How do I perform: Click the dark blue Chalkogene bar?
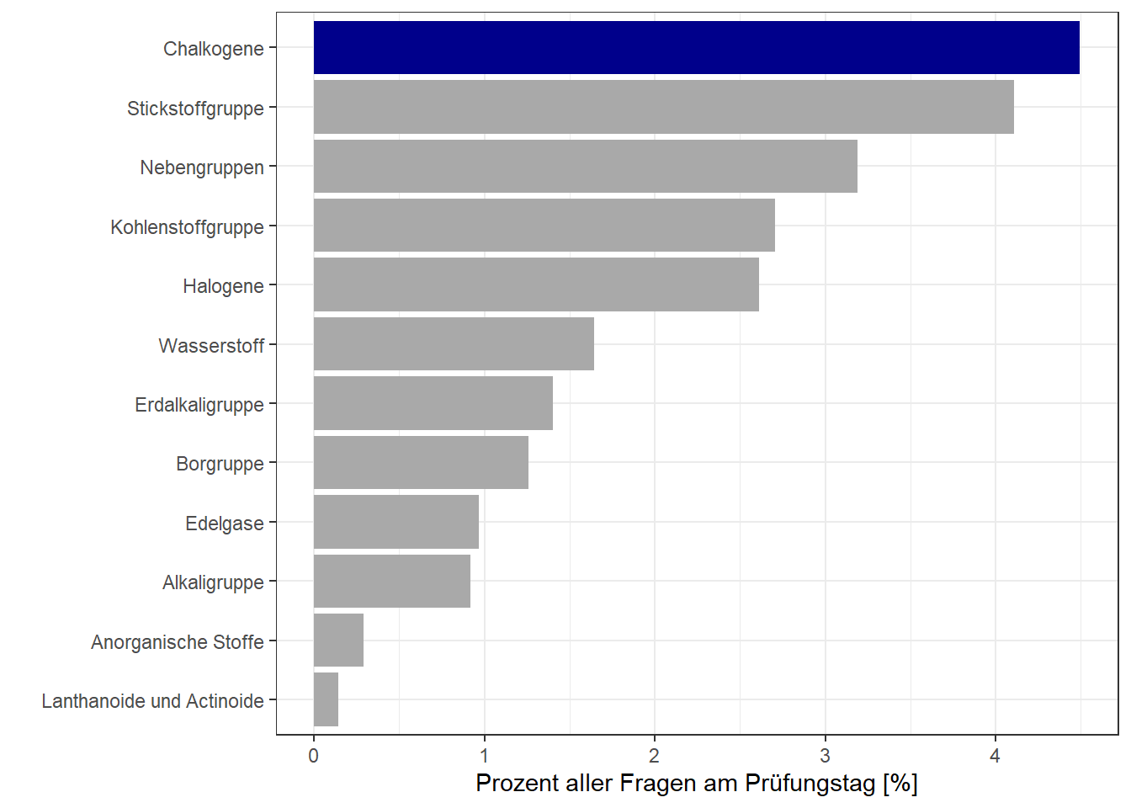click(696, 48)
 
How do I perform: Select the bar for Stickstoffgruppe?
click(663, 107)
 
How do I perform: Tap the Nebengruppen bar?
click(585, 167)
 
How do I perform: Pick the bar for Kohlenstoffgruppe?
click(544, 226)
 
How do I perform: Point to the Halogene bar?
click(536, 285)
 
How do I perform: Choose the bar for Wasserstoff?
click(454, 344)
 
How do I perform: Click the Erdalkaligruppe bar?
click(433, 403)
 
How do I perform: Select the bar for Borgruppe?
click(421, 463)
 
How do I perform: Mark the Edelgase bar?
click(396, 522)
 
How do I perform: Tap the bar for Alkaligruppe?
click(391, 582)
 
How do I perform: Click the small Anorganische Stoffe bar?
click(338, 641)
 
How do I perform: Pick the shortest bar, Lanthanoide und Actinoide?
click(326, 699)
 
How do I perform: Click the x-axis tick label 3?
click(825, 756)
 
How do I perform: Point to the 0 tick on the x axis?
click(314, 756)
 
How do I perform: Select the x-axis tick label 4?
click(995, 756)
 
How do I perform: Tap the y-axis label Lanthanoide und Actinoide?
click(152, 701)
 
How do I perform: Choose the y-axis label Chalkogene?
click(213, 49)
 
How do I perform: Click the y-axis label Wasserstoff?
click(211, 346)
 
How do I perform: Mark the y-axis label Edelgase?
click(224, 524)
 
